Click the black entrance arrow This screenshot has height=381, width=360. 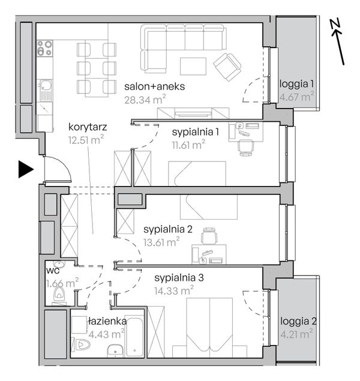tap(26, 169)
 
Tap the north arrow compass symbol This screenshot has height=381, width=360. tap(338, 42)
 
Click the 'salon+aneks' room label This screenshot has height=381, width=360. tap(154, 86)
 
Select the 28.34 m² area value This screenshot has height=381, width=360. tap(145, 100)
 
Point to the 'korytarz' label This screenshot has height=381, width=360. tap(88, 127)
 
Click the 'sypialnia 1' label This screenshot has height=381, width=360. tap(196, 133)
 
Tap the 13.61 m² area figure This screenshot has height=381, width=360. tap(161, 242)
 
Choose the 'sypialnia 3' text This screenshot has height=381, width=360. tap(179, 278)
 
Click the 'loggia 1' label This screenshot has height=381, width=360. tap(296, 84)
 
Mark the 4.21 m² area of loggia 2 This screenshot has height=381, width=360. tap(296, 334)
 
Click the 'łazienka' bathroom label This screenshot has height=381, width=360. tap(107, 321)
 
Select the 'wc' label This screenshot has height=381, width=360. tap(53, 271)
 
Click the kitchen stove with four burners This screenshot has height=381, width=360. tap(44, 48)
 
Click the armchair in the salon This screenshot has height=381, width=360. tap(227, 67)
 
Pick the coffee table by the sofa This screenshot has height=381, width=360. tap(193, 67)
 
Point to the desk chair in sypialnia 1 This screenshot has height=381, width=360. tap(246, 147)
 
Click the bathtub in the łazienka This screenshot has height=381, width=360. tap(134, 337)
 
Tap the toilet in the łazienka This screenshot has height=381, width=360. tap(81, 344)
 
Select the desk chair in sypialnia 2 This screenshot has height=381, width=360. tap(209, 236)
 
